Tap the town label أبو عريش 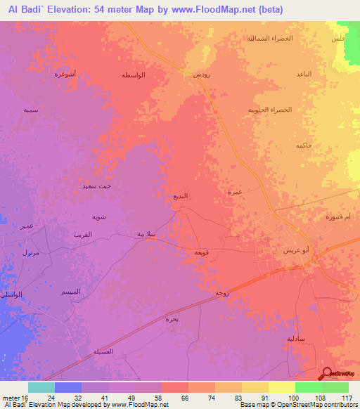(x=294, y=250)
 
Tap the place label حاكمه (x=304, y=145)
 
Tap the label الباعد (x=304, y=74)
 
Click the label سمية (x=30, y=110)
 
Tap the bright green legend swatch (x=309, y=387)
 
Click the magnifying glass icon (x=326, y=372)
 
